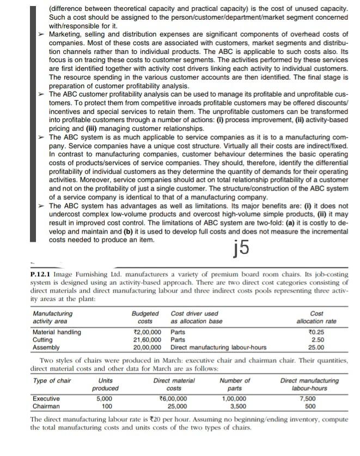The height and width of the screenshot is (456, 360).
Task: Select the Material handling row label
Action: pyautogui.click(x=57, y=332)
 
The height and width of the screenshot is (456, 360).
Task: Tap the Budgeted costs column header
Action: pyautogui.click(x=145, y=318)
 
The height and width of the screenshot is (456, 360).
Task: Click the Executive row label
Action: pyautogui.click(x=47, y=399)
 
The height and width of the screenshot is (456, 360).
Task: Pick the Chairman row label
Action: pyautogui.click(x=47, y=406)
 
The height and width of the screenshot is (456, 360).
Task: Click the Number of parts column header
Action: pyautogui.click(x=235, y=384)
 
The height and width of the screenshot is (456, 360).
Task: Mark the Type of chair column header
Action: pyautogui.click(x=52, y=380)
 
